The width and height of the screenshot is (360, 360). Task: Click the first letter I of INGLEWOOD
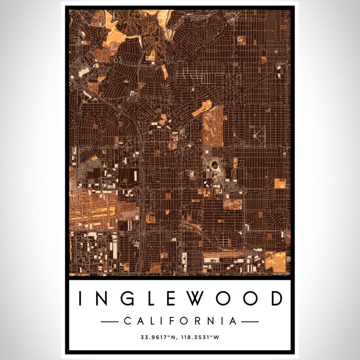tap(81, 298)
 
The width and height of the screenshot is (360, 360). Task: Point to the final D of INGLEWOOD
tap(276, 298)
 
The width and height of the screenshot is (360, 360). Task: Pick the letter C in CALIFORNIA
tap(127, 321)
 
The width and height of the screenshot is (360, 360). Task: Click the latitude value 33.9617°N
tap(159, 338)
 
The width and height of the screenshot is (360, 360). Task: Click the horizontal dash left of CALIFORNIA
tap(109, 321)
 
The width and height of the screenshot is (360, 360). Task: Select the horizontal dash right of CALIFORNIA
tap(250, 321)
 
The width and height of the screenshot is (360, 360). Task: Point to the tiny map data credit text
tap(281, 273)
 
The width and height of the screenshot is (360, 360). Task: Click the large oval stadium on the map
tap(213, 166)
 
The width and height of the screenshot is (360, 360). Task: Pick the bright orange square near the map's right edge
tap(280, 184)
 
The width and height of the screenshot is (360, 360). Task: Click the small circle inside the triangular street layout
tap(256, 136)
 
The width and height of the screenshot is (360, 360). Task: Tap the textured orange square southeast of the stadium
tap(232, 204)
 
